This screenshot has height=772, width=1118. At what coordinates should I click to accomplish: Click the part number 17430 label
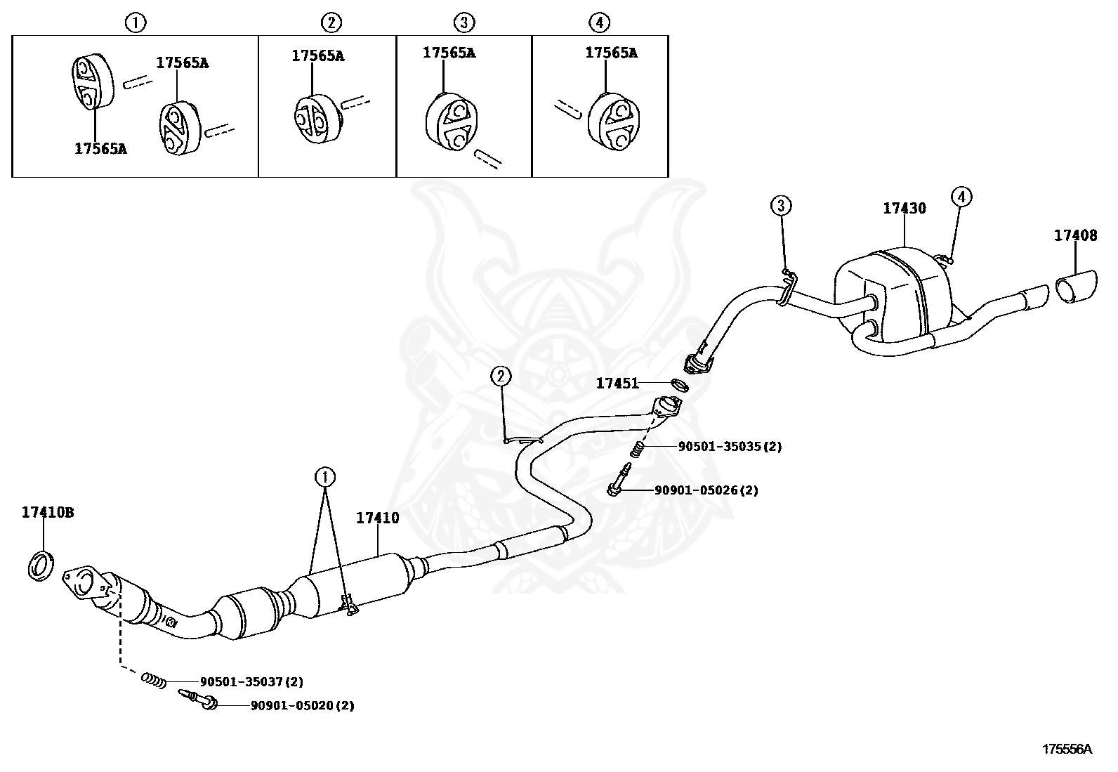(x=904, y=209)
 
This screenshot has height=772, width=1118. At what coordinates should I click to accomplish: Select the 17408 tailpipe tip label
(x=1074, y=236)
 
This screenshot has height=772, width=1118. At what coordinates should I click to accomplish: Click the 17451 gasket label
(x=617, y=384)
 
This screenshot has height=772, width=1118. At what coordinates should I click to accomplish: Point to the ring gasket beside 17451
(x=679, y=385)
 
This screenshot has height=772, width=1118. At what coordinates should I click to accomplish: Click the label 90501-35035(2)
(x=729, y=446)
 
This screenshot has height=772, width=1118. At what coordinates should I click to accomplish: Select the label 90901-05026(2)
(x=706, y=490)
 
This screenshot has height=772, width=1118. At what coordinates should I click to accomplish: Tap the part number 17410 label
(x=377, y=518)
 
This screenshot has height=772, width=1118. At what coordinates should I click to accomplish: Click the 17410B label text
(x=48, y=513)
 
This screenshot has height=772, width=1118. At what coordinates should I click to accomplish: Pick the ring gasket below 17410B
(x=42, y=566)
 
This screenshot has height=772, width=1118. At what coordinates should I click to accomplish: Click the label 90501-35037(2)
(x=251, y=681)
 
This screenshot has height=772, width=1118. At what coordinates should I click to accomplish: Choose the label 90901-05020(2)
(x=302, y=705)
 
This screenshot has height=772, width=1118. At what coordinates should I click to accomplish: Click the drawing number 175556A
(x=1066, y=749)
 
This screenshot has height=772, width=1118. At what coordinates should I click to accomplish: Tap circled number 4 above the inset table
(x=598, y=22)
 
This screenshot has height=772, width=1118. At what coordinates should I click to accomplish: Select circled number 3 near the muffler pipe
(x=781, y=205)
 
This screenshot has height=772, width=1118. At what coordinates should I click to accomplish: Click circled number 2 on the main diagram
(x=500, y=377)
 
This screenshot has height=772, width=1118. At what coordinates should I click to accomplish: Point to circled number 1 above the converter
(x=324, y=478)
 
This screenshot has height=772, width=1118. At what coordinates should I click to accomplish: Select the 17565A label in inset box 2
(x=318, y=56)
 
